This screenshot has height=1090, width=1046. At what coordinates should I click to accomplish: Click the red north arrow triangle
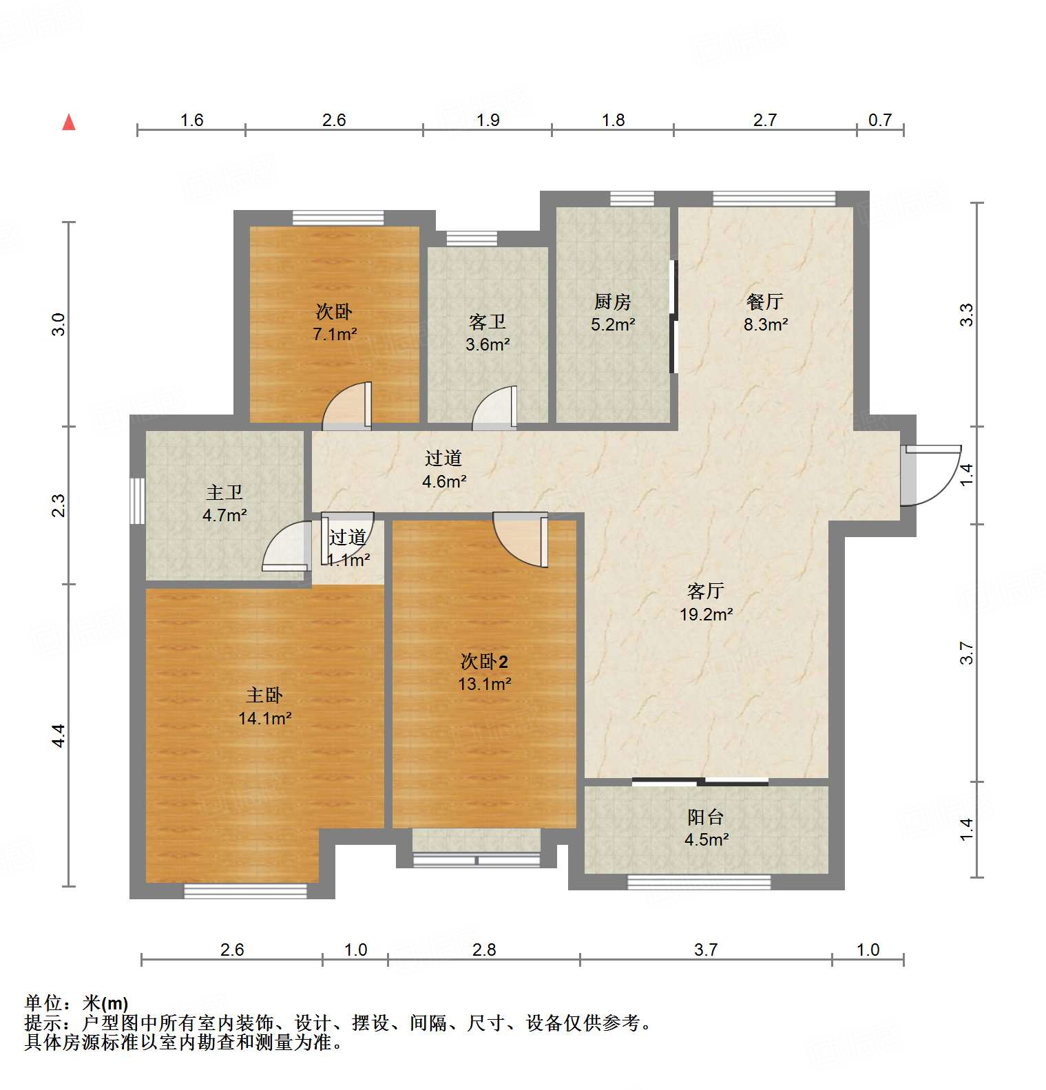(69, 123)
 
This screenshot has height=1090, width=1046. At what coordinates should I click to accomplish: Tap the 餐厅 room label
(765, 312)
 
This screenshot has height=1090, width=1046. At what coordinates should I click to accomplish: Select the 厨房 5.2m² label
(612, 312)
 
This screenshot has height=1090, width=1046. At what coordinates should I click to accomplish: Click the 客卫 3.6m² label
(487, 333)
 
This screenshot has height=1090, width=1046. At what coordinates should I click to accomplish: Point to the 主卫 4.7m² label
(224, 503)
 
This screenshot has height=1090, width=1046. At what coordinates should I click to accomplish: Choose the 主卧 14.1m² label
(264, 706)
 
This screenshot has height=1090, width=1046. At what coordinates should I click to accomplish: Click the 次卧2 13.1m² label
(484, 672)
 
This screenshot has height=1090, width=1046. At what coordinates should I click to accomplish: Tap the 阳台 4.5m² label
(706, 828)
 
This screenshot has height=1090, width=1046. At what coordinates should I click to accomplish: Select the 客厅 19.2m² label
(706, 602)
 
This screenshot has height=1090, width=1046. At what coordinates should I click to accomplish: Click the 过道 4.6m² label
(443, 469)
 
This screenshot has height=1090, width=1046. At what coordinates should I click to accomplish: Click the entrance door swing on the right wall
(933, 475)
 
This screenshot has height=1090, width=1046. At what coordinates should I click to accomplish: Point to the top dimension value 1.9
(488, 120)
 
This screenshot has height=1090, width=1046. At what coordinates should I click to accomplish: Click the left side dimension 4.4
(60, 735)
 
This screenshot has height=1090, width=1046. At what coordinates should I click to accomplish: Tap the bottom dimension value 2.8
(484, 950)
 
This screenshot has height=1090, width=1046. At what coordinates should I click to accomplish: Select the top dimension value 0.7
(879, 120)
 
